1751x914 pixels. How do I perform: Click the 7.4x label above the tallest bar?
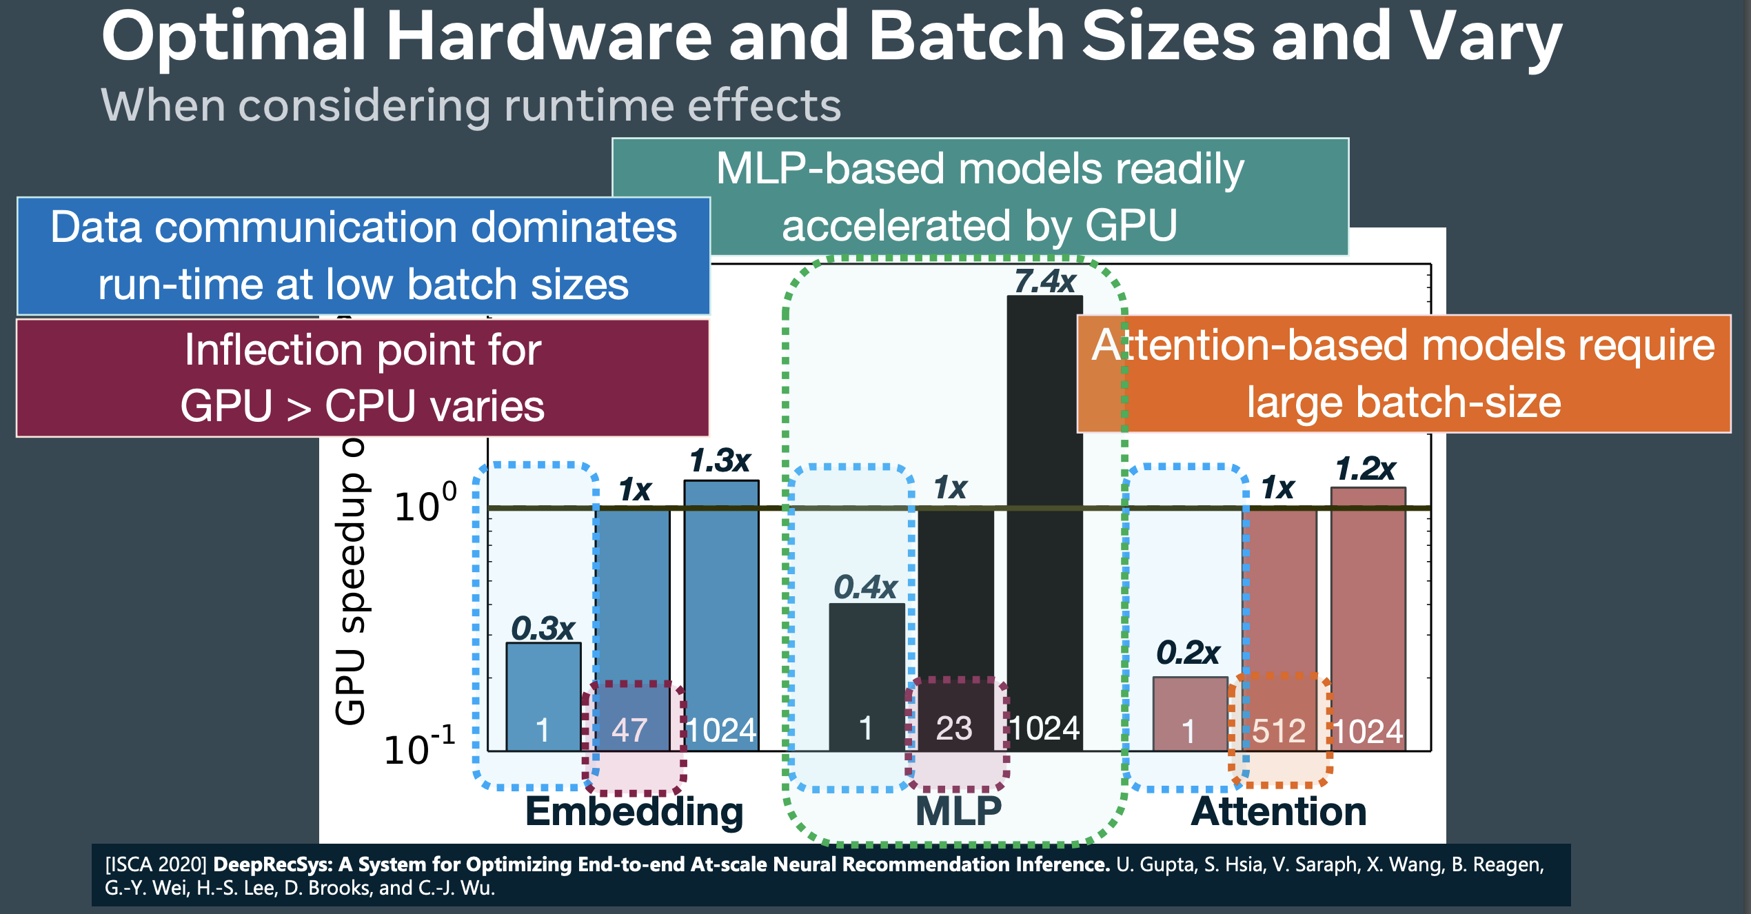point(1044,281)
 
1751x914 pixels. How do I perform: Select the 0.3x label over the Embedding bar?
point(543,628)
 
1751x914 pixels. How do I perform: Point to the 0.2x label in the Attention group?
point(1188,652)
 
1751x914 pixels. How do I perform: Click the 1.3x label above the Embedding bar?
point(720,460)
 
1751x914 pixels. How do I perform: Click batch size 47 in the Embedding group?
point(629,730)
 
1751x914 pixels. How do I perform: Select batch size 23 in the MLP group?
point(954,729)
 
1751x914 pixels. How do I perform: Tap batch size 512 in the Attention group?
point(1278,731)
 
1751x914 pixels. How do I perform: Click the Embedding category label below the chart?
point(634,811)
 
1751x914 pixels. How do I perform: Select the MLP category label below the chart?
point(958,811)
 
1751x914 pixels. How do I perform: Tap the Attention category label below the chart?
point(1279,811)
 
